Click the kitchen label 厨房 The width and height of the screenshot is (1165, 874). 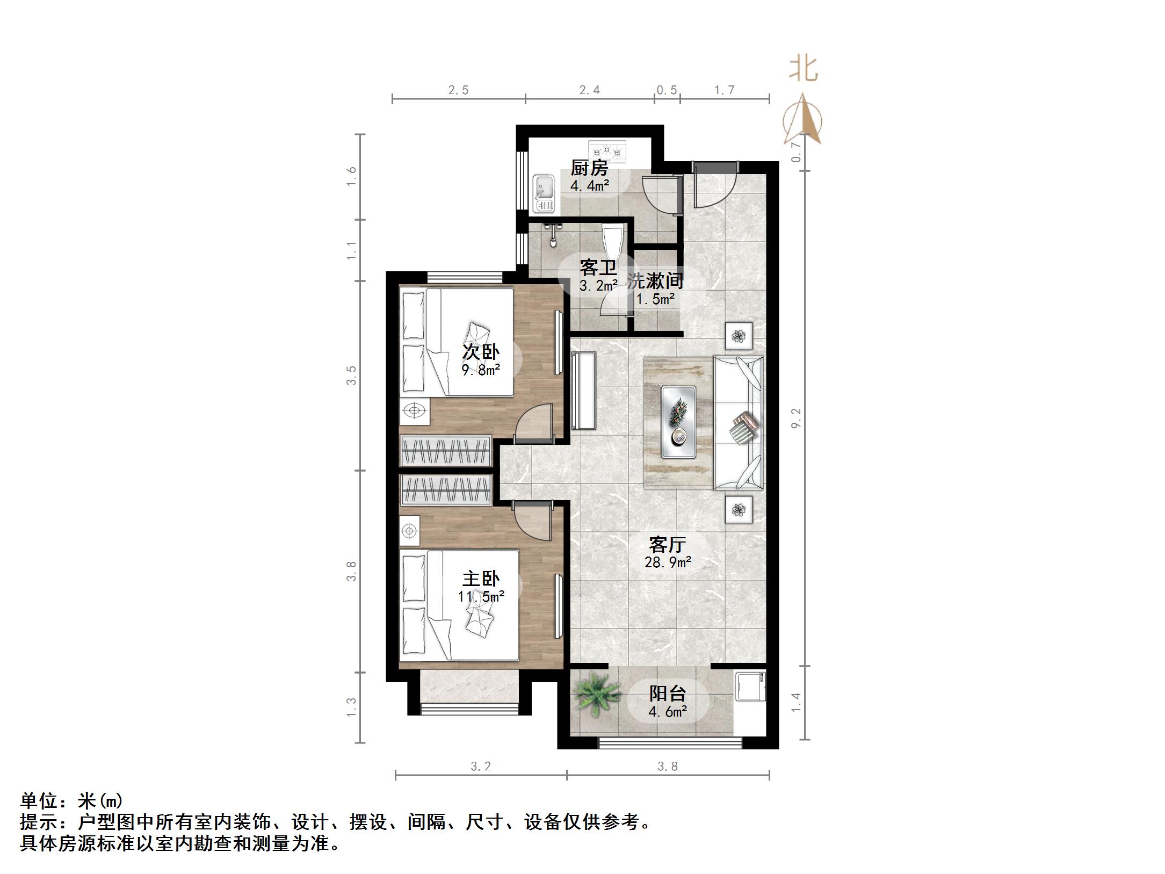tap(589, 168)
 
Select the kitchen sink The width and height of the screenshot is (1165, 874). tap(544, 193)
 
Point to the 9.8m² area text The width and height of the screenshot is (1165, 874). tap(481, 370)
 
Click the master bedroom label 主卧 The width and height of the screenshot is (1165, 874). tap(481, 579)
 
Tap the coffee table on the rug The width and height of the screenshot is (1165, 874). tap(678, 422)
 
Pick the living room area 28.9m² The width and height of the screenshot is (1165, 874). tap(668, 562)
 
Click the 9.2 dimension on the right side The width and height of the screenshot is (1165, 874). tap(796, 418)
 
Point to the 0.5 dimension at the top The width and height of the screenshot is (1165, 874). tap(667, 90)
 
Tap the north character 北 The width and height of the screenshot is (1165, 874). tap(804, 70)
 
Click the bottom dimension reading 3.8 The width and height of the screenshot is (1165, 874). tap(668, 767)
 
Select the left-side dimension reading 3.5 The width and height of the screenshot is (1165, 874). tap(351, 375)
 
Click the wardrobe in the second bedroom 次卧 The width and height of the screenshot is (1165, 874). tap(446, 450)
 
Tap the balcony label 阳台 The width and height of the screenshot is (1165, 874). tap(667, 694)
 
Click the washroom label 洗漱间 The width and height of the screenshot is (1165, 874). tap(655, 280)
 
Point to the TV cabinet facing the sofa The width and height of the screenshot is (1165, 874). tap(584, 391)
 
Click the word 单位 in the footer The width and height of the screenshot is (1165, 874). tap(39, 801)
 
